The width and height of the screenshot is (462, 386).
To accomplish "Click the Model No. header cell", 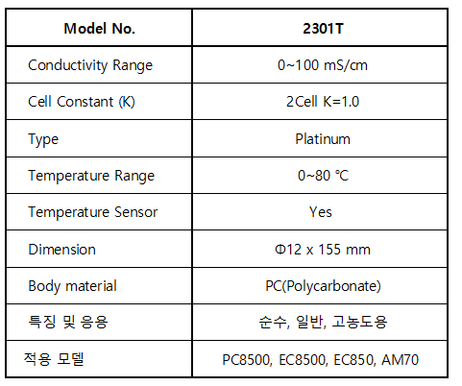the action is coord(99,29).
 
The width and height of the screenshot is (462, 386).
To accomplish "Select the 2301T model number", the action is coord(323,29).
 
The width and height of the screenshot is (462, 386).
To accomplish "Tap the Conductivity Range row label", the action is coord(90,65).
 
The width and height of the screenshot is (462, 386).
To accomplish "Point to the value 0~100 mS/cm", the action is coord(323,65).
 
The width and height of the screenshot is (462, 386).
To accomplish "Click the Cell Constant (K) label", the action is coord(82,102).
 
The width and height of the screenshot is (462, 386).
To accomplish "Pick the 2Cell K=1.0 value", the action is coord(323,102).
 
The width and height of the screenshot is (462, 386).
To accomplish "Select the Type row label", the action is coord(43,139).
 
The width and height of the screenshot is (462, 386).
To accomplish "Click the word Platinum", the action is coord(323,139).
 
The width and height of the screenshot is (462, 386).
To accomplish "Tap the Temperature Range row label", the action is coord(91,176).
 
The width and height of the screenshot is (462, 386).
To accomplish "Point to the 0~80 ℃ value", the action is coord(323,176).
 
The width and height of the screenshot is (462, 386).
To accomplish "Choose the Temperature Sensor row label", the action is coord(93,212).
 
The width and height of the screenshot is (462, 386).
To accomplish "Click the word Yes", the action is coord(321,212).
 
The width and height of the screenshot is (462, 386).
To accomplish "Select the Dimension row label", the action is coord(61,250).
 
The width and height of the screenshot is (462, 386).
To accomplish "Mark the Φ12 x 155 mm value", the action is coord(323,250).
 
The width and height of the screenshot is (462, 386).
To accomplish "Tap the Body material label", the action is coord(72,286).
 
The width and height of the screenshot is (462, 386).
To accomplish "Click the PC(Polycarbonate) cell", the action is coord(323,286).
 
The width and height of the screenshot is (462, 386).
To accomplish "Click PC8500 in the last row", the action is coord(247,360).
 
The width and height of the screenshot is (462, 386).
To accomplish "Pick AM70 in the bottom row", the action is coord(400,359).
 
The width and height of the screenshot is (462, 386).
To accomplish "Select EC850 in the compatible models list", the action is coord(353,360).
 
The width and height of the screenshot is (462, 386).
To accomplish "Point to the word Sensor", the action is coord(136,212).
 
